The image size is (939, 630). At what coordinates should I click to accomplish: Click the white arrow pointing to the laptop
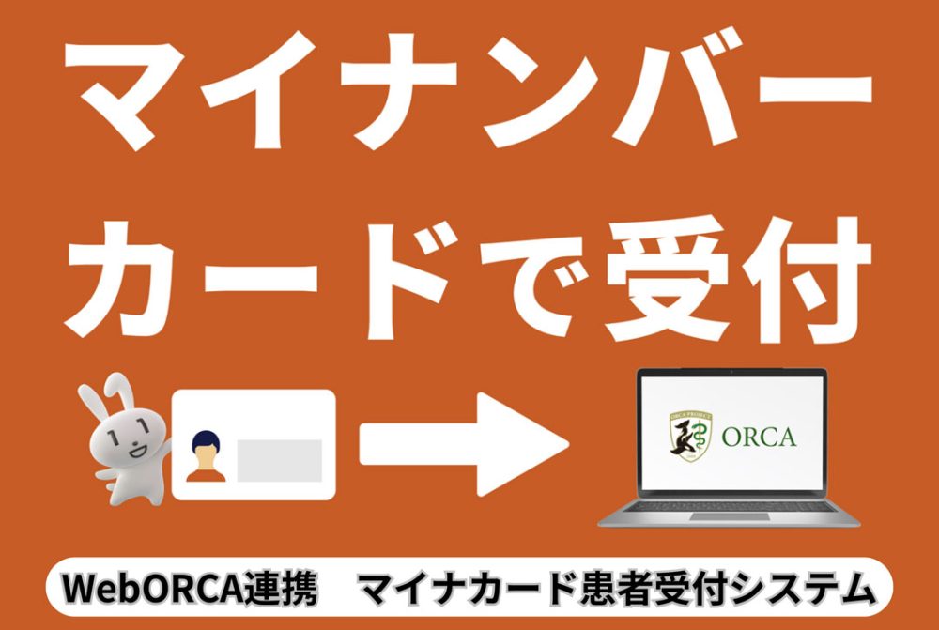click(465, 442)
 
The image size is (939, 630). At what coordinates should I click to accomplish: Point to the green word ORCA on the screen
click(759, 438)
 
